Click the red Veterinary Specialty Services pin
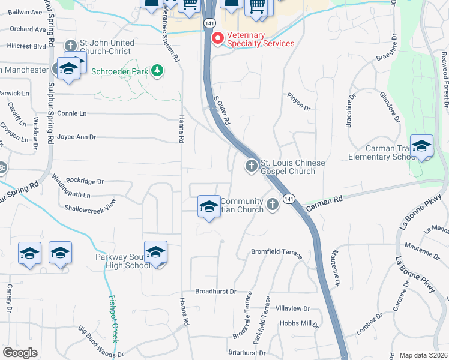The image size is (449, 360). pyautogui.click(x=217, y=38)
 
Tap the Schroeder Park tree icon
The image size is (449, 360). pyautogui.click(x=158, y=71)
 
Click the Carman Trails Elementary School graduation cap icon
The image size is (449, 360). pyautogui.click(x=421, y=146)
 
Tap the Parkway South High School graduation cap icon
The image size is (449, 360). pyautogui.click(x=155, y=252)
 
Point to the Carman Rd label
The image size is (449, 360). pyautogui.click(x=324, y=205)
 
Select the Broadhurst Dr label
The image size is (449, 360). pyautogui.click(x=215, y=291)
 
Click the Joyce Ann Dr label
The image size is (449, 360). pyautogui.click(x=76, y=137)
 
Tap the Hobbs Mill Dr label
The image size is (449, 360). pyautogui.click(x=299, y=323)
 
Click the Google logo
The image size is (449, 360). pyautogui.click(x=20, y=353)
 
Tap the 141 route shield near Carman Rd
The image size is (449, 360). pyautogui.click(x=289, y=199)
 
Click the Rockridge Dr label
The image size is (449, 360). pyautogui.click(x=85, y=181)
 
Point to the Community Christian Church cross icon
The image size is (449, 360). pyautogui.click(x=272, y=205)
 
